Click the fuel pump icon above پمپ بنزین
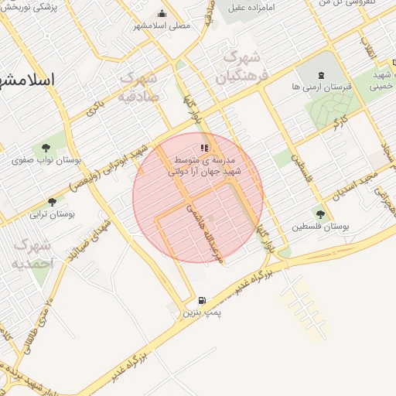coord(201,300)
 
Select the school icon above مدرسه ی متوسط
coord(204,146)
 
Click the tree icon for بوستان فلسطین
coord(320,213)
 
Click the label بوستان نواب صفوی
coord(48,161)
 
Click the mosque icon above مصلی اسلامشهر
coord(162,13)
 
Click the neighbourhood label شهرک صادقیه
coord(140,87)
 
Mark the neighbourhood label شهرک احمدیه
coord(33,254)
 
